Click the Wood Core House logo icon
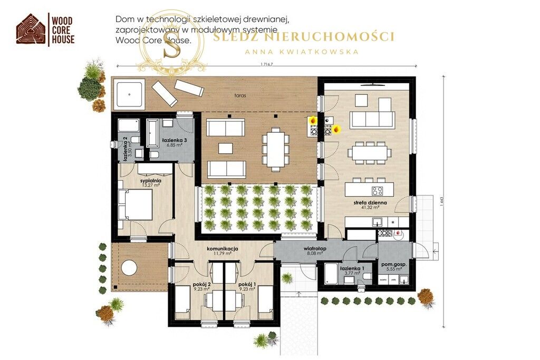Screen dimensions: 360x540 [x=31, y=28]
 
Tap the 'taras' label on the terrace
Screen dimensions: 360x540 [x=241, y=96]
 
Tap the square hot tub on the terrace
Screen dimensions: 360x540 [x=129, y=94]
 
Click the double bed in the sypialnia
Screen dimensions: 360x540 [x=136, y=205]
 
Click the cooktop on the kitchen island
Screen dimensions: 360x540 [x=378, y=191]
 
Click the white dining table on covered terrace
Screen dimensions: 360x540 [x=275, y=150]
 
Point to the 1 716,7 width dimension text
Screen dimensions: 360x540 [x=269, y=65]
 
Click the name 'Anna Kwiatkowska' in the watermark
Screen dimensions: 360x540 [x=302, y=52]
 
